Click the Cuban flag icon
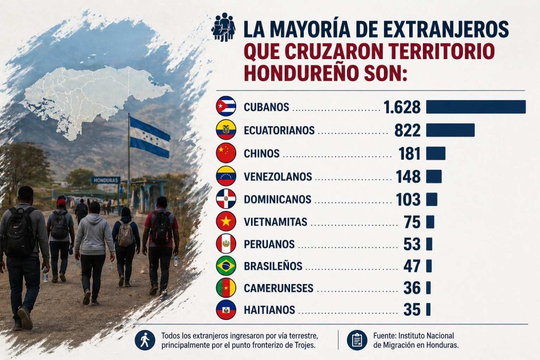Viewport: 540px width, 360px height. click(226, 107)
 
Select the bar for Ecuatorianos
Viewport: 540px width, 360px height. click(450, 130)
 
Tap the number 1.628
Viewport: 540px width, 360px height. click(402, 107)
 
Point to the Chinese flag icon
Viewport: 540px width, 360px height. click(226, 153)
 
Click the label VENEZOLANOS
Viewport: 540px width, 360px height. click(278, 177)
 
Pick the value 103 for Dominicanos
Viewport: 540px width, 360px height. click(408, 200)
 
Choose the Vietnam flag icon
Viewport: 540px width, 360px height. click(226, 221)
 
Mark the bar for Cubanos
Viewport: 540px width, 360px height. click(476, 107)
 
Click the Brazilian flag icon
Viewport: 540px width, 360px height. click(226, 266)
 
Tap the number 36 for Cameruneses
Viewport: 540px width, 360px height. click(412, 288)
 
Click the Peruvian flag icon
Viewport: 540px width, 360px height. click(226, 244)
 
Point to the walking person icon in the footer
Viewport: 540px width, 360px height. click(144, 340)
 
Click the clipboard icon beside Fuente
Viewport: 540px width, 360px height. click(357, 340)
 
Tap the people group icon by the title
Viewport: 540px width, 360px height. click(223, 26)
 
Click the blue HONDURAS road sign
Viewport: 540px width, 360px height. click(105, 180)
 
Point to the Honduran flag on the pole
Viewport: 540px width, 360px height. click(150, 137)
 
